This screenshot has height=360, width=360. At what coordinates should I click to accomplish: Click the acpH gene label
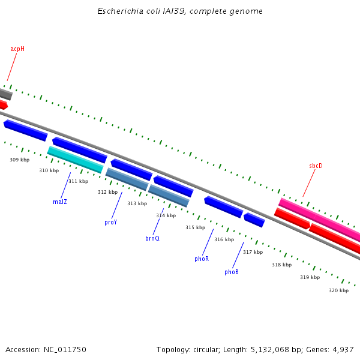17,49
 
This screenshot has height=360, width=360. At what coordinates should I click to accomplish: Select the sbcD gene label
316,166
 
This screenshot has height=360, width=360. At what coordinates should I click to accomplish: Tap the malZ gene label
60,202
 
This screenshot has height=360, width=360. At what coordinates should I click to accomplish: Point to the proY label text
110,222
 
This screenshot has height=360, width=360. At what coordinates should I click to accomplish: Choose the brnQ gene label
152,238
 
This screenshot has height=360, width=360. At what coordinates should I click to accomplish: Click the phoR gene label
202,259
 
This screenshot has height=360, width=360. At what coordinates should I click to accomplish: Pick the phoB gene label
232,272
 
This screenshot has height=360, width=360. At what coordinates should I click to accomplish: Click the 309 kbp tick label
19,160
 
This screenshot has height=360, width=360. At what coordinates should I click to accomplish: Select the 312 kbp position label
107,192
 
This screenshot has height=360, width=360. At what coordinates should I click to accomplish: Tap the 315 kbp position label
195,227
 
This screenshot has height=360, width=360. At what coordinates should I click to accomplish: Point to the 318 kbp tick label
281,265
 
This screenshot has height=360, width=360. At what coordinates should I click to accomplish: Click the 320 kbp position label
338,290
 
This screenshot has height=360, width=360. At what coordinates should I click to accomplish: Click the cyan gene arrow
76,160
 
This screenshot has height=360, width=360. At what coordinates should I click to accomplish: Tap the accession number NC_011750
65,349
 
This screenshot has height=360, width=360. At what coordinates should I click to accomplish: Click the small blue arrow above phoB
254,220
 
